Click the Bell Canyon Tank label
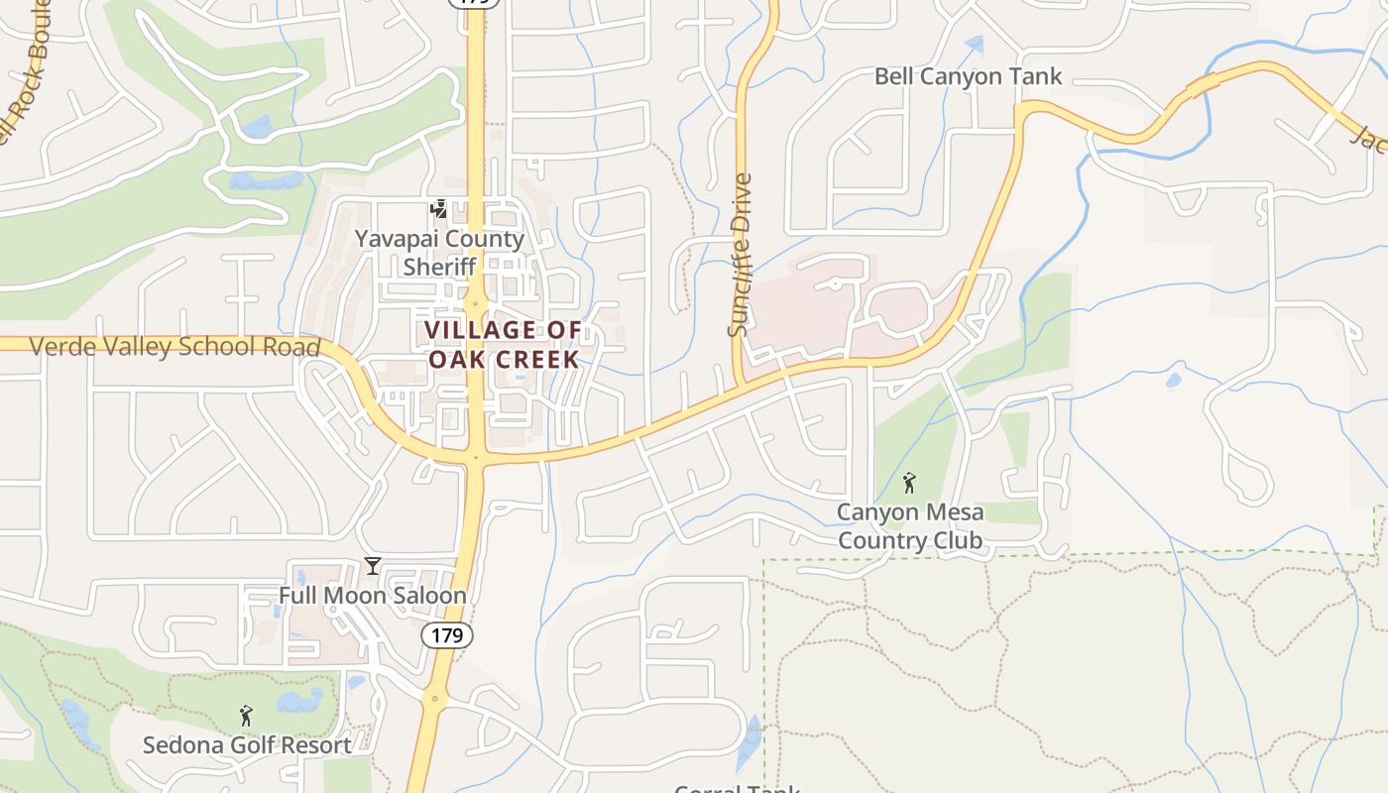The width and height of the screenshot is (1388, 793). click(x=968, y=76)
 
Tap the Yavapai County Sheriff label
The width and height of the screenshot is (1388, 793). click(x=439, y=253)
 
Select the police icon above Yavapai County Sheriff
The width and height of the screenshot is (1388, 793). click(x=438, y=209)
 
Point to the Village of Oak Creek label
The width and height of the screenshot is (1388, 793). click(x=504, y=344)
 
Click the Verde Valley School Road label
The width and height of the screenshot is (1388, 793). click(x=174, y=347)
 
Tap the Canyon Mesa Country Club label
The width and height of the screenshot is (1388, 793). click(x=910, y=526)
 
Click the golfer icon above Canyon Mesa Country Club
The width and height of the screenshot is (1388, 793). click(x=909, y=484)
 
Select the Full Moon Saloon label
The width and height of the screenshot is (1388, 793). click(x=372, y=596)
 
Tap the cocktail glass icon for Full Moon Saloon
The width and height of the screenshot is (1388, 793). click(x=373, y=566)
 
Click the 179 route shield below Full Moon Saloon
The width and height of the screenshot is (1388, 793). click(x=447, y=635)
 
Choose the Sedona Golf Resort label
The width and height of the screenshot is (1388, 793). click(x=247, y=745)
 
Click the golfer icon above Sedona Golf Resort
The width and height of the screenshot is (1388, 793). click(x=246, y=715)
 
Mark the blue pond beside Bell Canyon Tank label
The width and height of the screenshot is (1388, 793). click(x=975, y=45)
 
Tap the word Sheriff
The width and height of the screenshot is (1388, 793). click(x=439, y=267)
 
